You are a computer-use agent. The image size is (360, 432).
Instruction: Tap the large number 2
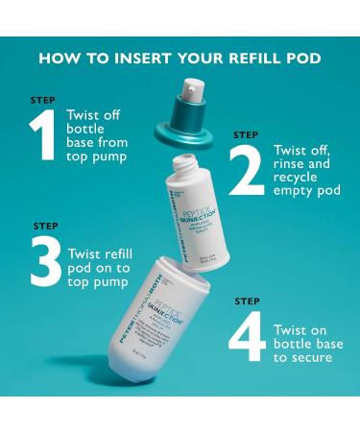point(246,171)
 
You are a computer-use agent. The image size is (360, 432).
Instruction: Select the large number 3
point(44,262)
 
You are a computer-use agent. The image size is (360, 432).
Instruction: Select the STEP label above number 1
point(42,100)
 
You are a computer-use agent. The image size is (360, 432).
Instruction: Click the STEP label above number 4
point(247,301)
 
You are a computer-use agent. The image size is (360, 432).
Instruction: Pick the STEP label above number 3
point(45,227)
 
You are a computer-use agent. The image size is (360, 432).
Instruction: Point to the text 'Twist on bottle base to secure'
point(304,344)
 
